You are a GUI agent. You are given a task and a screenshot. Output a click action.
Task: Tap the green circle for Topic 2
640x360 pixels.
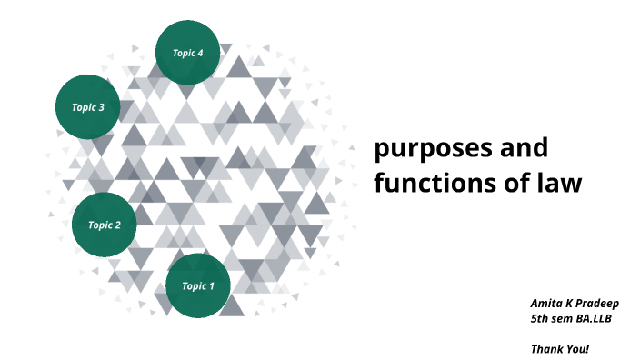104,225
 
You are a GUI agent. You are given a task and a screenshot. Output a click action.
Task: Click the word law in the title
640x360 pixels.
557,183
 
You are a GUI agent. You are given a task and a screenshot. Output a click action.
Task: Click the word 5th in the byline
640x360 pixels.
540,319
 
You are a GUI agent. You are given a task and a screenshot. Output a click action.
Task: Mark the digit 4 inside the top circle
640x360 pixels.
200,53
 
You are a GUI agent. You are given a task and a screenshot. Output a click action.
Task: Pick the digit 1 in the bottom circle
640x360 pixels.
211,286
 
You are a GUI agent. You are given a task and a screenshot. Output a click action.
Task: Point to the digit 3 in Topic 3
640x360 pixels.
101,107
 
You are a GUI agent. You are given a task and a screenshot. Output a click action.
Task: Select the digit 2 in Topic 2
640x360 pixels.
117,225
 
